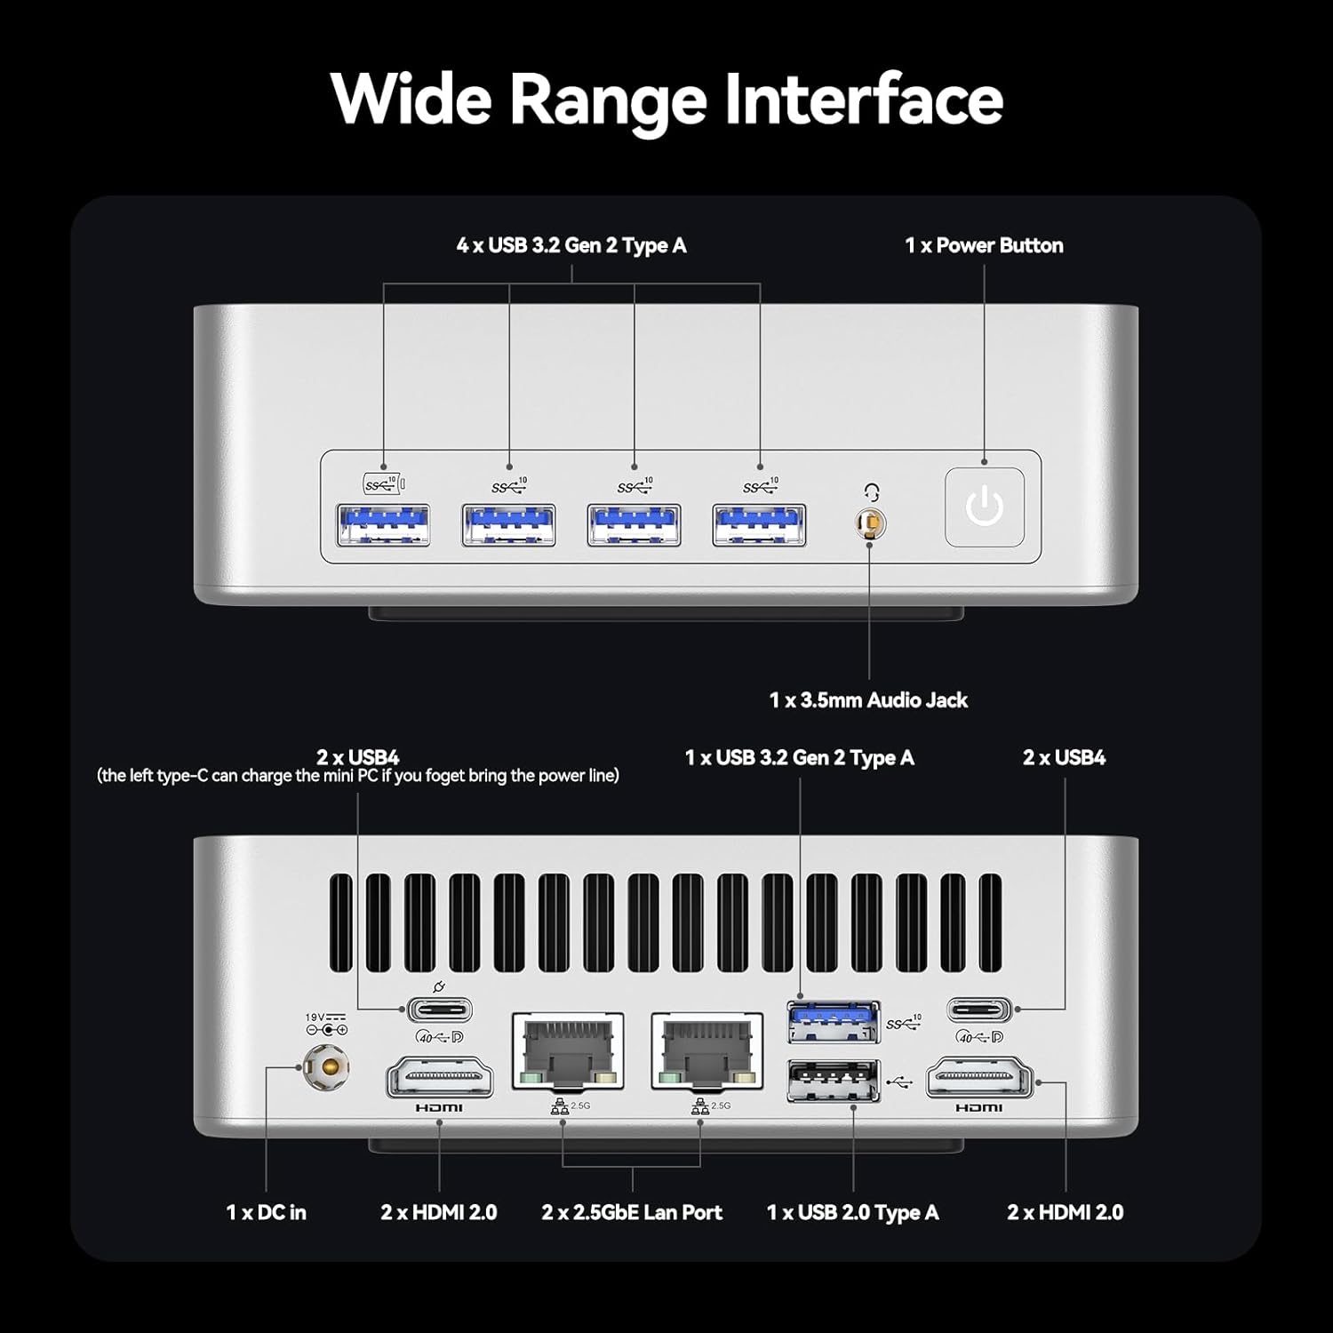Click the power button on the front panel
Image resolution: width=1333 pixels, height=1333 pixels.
984,507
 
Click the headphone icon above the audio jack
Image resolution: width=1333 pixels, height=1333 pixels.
872,492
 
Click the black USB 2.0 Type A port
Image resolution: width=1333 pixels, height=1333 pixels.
833,1081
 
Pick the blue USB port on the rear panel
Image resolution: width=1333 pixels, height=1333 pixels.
833,1021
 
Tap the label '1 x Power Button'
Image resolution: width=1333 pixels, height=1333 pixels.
984,245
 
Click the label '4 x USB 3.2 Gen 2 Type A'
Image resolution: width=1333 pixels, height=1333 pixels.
571,245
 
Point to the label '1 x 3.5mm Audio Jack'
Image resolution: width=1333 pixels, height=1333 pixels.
868,700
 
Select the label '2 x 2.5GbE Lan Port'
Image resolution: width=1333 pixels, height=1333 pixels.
632,1212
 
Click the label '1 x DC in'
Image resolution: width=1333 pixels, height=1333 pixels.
266,1212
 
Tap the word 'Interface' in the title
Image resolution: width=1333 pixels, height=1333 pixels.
864,99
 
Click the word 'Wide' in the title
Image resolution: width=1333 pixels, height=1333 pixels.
411,99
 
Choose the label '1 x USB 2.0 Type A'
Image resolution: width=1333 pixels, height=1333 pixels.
852,1212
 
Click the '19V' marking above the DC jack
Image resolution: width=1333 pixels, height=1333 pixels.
315,1018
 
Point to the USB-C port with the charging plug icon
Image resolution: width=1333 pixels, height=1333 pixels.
439,1010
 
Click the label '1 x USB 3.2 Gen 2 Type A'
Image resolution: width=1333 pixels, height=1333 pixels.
799,758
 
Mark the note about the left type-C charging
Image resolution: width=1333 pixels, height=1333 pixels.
358,776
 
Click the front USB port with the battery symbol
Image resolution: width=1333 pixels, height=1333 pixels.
384,524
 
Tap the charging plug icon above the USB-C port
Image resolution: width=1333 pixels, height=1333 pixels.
437,987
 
